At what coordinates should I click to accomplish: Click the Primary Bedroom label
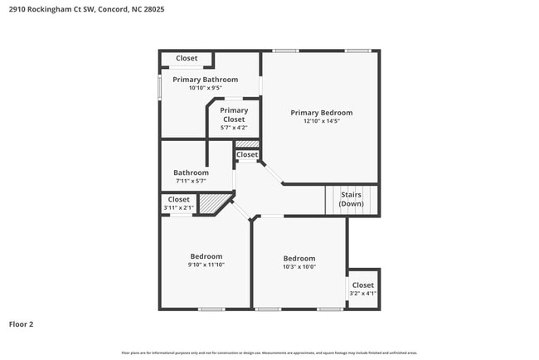[x=321, y=113]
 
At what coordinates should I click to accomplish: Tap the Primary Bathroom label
[x=205, y=80]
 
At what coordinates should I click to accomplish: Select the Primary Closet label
[x=234, y=114]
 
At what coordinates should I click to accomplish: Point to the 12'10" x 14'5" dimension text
[x=321, y=121]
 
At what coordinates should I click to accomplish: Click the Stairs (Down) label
[x=351, y=199]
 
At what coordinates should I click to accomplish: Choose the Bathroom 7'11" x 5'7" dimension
[x=191, y=181]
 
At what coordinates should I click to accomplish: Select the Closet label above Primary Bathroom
[x=187, y=58]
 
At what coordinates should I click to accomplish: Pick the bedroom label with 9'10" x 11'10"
[x=206, y=256]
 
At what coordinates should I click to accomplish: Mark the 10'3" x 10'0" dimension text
[x=299, y=267]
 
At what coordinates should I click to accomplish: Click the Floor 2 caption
[x=22, y=324]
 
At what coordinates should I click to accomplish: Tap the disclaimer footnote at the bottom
[x=269, y=353]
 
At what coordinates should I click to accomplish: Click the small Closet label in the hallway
[x=247, y=155]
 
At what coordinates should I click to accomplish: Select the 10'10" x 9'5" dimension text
[x=205, y=88]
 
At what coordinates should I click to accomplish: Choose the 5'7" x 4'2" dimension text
[x=234, y=128]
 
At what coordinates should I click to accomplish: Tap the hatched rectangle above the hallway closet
[x=247, y=144]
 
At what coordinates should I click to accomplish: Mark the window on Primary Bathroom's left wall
[x=160, y=88]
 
